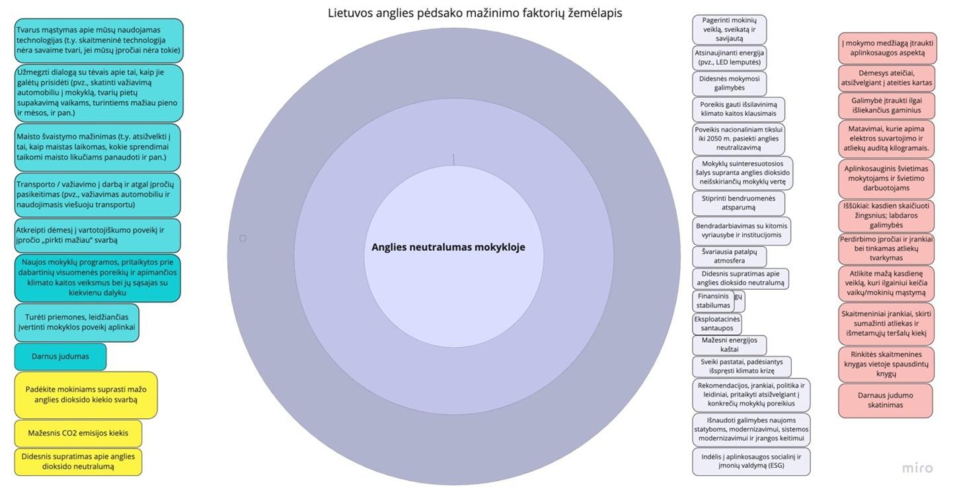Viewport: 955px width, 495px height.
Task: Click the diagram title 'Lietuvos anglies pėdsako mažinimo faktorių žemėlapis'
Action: click(475, 13)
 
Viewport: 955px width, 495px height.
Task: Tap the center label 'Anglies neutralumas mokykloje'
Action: click(448, 247)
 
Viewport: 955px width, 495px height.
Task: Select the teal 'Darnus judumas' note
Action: click(60, 357)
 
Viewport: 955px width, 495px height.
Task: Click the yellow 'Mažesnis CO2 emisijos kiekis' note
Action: click(78, 433)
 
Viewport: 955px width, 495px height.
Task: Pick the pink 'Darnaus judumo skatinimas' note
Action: click(886, 400)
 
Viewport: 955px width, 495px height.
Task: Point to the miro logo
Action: click(917, 468)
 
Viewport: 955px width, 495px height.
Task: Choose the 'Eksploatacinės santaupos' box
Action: click(717, 324)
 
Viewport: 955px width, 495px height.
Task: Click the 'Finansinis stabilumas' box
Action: click(714, 301)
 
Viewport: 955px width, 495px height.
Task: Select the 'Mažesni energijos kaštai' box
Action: click(729, 345)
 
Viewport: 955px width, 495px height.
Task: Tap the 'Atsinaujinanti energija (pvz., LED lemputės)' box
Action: click(729, 58)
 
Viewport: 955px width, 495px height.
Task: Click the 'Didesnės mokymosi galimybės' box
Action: click(729, 83)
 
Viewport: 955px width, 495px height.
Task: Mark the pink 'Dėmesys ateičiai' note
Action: click(886, 78)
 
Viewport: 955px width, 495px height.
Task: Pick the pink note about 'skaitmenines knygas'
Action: click(886, 364)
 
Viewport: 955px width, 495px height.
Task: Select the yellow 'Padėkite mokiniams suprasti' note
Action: click(86, 395)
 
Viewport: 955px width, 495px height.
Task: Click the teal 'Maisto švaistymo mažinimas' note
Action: click(97, 147)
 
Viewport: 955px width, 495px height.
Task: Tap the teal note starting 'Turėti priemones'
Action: click(77, 322)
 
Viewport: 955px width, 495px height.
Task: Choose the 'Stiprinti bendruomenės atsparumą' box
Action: click(738, 202)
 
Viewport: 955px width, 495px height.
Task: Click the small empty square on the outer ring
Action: click(243, 238)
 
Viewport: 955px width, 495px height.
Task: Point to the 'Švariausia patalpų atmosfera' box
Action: click(729, 256)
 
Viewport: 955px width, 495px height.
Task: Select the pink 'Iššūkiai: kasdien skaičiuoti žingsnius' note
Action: click(886, 215)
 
